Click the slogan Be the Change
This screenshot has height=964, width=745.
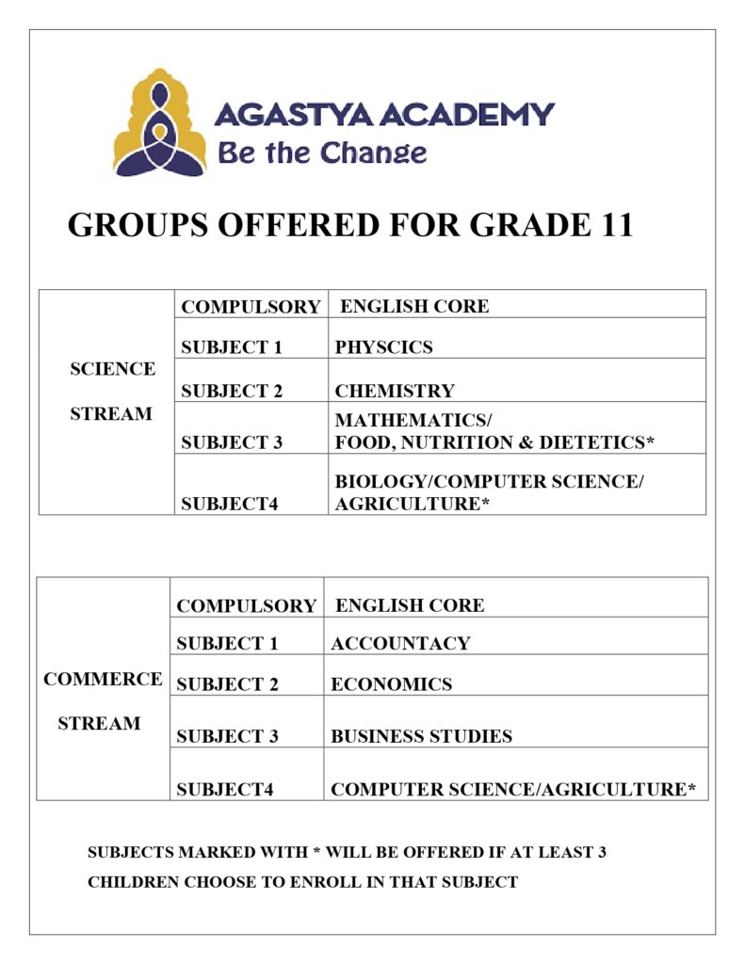click(x=322, y=153)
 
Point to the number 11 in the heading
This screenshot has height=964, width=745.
click(x=612, y=226)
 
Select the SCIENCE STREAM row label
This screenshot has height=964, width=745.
click(x=112, y=391)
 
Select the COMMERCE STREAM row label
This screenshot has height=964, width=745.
click(x=102, y=700)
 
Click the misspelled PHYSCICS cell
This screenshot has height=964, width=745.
click(x=383, y=347)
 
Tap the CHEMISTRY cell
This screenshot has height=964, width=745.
click(x=395, y=391)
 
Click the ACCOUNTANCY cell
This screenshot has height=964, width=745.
click(x=400, y=644)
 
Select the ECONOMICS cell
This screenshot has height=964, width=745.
click(x=391, y=684)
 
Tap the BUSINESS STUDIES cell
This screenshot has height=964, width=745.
click(x=421, y=736)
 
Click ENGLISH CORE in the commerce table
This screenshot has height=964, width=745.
click(x=410, y=605)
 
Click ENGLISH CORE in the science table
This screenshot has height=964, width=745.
click(x=414, y=306)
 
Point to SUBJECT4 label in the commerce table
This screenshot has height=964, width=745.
click(x=224, y=790)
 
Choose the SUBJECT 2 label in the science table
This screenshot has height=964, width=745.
click(x=232, y=391)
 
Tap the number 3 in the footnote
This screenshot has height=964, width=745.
click(x=600, y=852)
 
